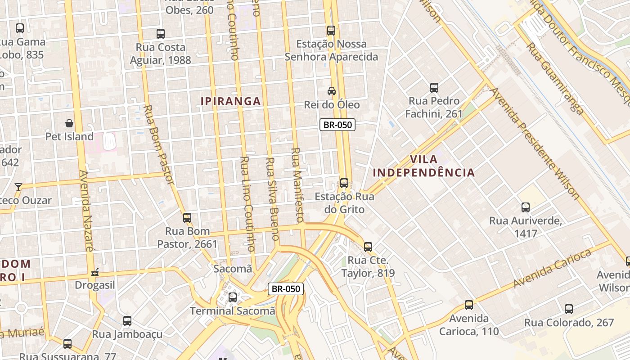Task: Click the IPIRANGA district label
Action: pyautogui.click(x=230, y=101)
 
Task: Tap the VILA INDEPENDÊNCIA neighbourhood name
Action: pyautogui.click(x=423, y=166)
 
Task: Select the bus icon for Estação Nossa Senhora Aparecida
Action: pyautogui.click(x=331, y=31)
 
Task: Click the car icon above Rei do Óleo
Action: pyautogui.click(x=332, y=91)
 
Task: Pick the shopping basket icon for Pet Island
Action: pyautogui.click(x=69, y=123)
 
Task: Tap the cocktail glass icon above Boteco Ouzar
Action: pyautogui.click(x=18, y=187)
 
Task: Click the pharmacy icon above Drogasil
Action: pyautogui.click(x=95, y=272)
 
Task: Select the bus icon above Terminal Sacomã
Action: pyautogui.click(x=233, y=297)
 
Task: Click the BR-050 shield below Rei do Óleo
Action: pyautogui.click(x=337, y=125)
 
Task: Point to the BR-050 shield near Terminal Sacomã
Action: pyautogui.click(x=286, y=289)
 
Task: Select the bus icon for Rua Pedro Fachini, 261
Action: pyautogui.click(x=434, y=88)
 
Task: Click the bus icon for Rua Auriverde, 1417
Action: pyautogui.click(x=526, y=207)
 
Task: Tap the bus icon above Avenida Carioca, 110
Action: pyautogui.click(x=469, y=305)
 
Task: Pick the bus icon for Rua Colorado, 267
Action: pyautogui.click(x=569, y=309)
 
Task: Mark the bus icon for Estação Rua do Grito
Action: pyautogui.click(x=344, y=183)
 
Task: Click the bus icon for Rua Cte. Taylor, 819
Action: pyautogui.click(x=368, y=247)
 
